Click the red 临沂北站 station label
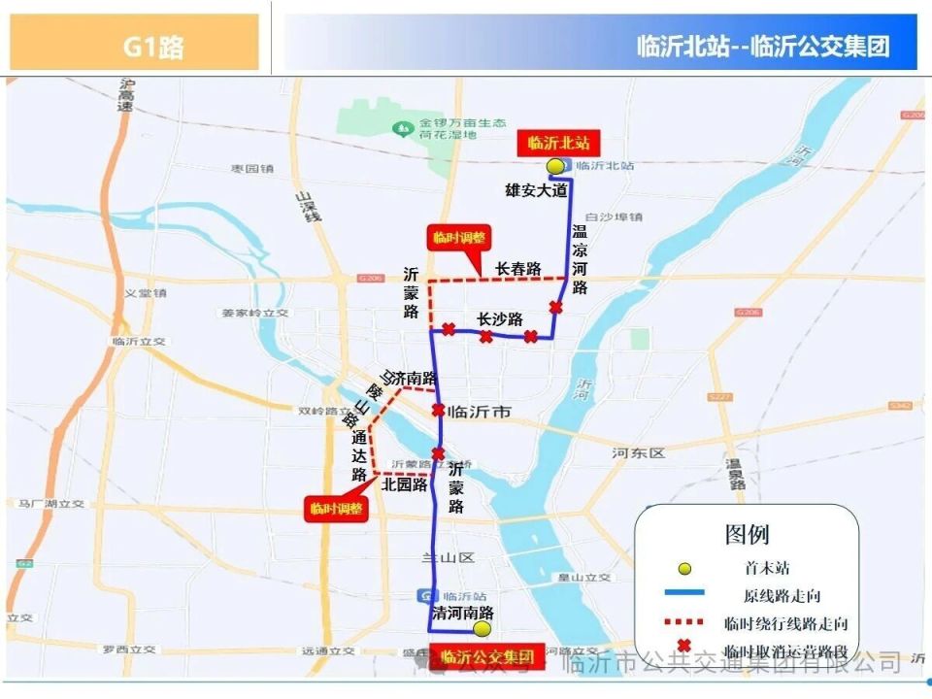557,143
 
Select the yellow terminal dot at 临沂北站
554,167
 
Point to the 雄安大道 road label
535,191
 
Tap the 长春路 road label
517,268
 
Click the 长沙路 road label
500,319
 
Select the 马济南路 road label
408,378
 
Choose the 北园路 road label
404,484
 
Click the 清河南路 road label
463,613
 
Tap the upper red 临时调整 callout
459,238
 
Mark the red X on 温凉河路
555,308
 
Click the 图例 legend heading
747,534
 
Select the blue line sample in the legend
684,593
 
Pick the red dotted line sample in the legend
684,622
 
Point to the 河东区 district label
638,453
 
